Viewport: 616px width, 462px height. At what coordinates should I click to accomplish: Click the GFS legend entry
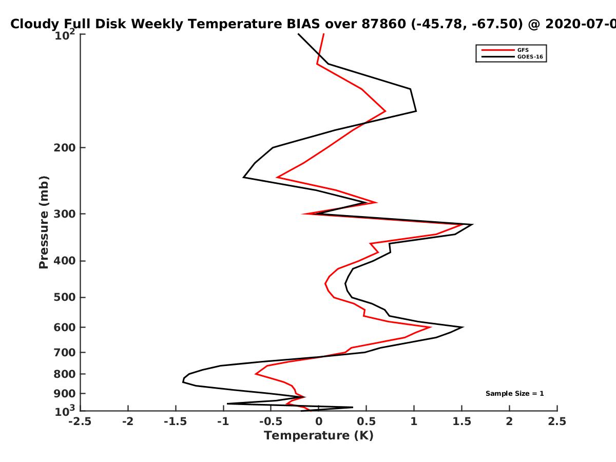coord(505,50)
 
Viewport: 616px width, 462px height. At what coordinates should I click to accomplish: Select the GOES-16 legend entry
coord(512,56)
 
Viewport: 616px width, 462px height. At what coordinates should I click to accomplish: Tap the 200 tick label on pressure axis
coord(65,148)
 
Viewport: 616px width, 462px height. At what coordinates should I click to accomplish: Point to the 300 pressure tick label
coord(65,214)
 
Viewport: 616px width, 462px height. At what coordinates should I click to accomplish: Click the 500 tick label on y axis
coord(65,297)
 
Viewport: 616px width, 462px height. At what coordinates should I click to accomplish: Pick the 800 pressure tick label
coord(65,374)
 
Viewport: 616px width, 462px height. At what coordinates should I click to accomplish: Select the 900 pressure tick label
coord(65,394)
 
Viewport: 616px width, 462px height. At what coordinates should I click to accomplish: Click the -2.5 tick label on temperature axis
coord(80,421)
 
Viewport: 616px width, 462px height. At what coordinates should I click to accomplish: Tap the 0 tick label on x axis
coord(319,421)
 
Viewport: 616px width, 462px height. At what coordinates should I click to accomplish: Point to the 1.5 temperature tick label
coord(462,421)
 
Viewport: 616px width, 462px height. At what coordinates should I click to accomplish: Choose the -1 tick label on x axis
coord(223,421)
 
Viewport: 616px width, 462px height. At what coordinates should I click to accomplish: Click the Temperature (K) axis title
coord(319,436)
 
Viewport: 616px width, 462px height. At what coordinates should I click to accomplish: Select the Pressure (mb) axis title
coord(44,222)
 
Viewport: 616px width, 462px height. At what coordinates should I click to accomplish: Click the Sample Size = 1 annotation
coord(515,394)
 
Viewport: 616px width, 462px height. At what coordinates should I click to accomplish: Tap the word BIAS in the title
coord(303,24)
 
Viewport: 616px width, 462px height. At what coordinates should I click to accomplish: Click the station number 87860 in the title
coord(383,24)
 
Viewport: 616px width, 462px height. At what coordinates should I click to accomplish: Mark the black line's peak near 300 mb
coord(473,224)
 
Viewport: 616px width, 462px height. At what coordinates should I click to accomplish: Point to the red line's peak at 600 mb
coord(431,328)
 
